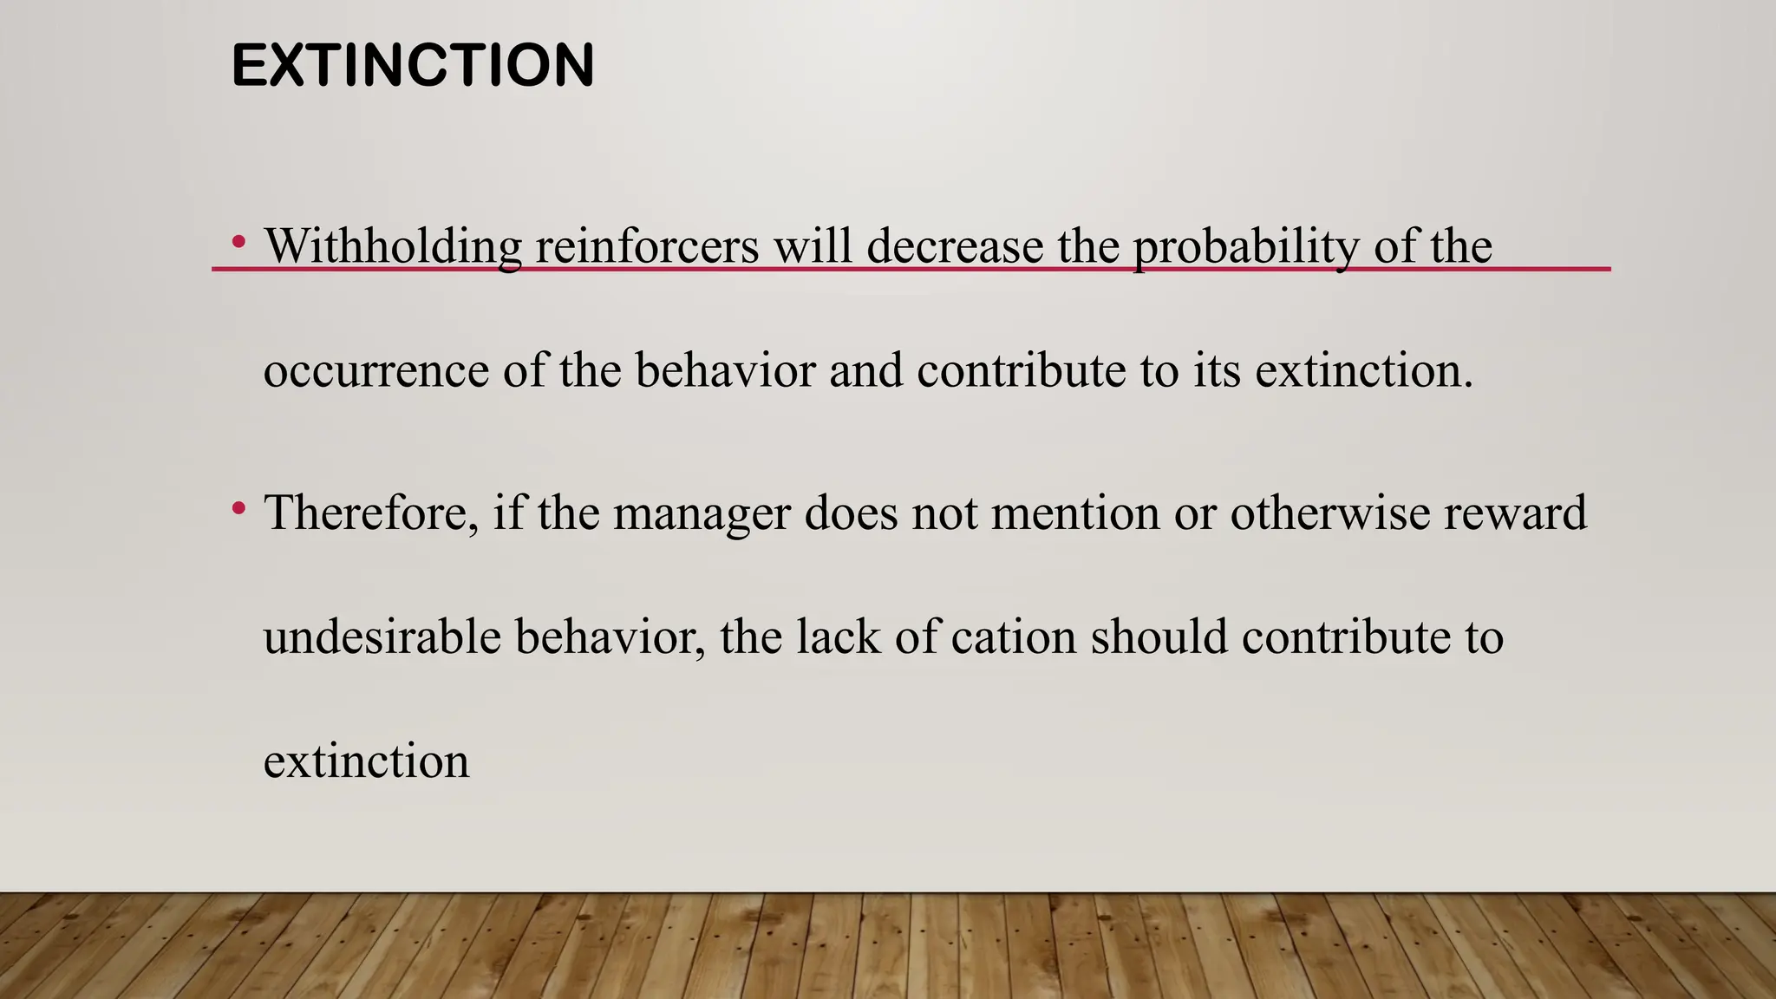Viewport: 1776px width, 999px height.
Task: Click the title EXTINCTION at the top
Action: (x=413, y=66)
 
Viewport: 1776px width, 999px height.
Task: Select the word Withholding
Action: (x=393, y=246)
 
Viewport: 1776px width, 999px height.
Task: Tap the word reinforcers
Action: (x=647, y=246)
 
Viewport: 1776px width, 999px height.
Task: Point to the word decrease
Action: (x=955, y=246)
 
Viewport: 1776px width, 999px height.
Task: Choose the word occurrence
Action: (x=376, y=371)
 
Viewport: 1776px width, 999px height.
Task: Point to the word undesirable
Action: (x=382, y=637)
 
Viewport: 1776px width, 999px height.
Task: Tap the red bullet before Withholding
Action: (x=238, y=242)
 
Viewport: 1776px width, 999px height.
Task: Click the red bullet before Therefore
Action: (x=238, y=508)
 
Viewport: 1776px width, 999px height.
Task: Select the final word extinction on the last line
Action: (x=366, y=761)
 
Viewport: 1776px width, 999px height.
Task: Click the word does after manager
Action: (x=851, y=513)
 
